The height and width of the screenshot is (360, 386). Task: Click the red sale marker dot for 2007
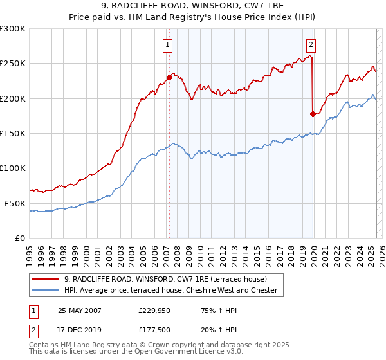click(170, 77)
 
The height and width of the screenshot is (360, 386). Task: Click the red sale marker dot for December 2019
click(313, 114)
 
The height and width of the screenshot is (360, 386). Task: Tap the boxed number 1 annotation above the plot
click(167, 45)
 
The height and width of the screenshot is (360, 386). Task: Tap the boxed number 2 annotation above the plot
click(311, 45)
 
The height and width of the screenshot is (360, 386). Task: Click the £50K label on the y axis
click(15, 203)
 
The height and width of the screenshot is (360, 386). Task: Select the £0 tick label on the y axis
click(20, 238)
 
